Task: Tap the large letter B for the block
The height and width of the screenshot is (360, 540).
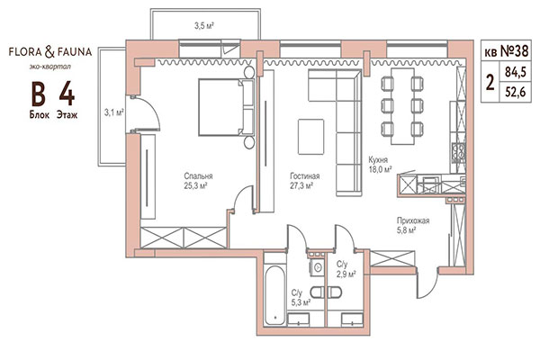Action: click(x=39, y=92)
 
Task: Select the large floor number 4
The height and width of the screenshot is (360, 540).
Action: click(x=67, y=92)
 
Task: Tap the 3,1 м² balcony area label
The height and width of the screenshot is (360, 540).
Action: click(x=113, y=112)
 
